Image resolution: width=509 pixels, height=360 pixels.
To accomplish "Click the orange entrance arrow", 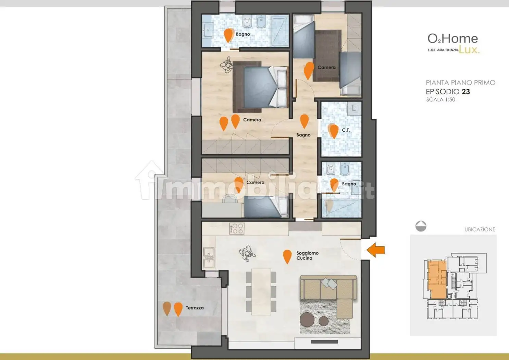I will (x=376, y=250).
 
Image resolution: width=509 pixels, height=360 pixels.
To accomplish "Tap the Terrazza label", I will (x=195, y=308).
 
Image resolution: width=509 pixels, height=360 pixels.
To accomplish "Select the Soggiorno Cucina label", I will (x=307, y=255).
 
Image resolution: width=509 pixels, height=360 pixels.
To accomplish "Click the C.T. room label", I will (x=346, y=130).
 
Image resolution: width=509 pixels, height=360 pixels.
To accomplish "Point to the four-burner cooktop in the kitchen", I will (x=237, y=228).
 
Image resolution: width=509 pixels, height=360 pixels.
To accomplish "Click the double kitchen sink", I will (x=209, y=257).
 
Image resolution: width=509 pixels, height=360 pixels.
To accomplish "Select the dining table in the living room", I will (x=261, y=291).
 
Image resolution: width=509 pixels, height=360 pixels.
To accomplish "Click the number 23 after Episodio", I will (x=465, y=92).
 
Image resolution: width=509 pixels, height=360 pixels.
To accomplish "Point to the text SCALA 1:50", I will (x=440, y=100).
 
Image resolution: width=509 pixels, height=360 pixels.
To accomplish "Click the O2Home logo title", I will (x=452, y=39).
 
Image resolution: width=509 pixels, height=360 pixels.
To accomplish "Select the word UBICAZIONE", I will (x=480, y=229).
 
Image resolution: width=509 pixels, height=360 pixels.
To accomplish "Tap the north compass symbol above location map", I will (x=421, y=226).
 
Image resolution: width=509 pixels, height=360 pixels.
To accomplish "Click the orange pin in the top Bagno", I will (x=228, y=35).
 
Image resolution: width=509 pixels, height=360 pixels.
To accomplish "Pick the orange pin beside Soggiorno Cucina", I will (x=287, y=256).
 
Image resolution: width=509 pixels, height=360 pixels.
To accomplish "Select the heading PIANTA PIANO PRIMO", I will (x=460, y=83).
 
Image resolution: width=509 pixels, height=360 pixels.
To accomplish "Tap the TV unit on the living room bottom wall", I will (x=324, y=341).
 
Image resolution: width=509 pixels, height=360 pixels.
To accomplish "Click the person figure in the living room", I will (x=247, y=254).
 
